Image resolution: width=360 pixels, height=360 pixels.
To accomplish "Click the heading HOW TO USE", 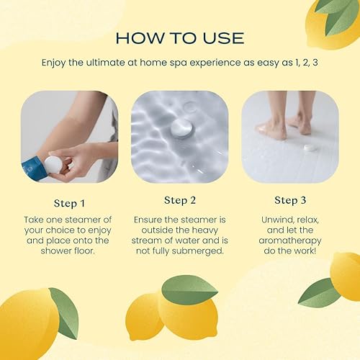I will (179, 37).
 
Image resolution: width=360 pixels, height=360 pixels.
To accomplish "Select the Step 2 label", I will (180, 199).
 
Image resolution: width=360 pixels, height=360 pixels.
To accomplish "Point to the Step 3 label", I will (291, 199).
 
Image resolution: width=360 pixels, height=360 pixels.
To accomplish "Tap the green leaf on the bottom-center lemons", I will (189, 289).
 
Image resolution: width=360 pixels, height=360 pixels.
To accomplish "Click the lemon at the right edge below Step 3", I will (346, 275).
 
